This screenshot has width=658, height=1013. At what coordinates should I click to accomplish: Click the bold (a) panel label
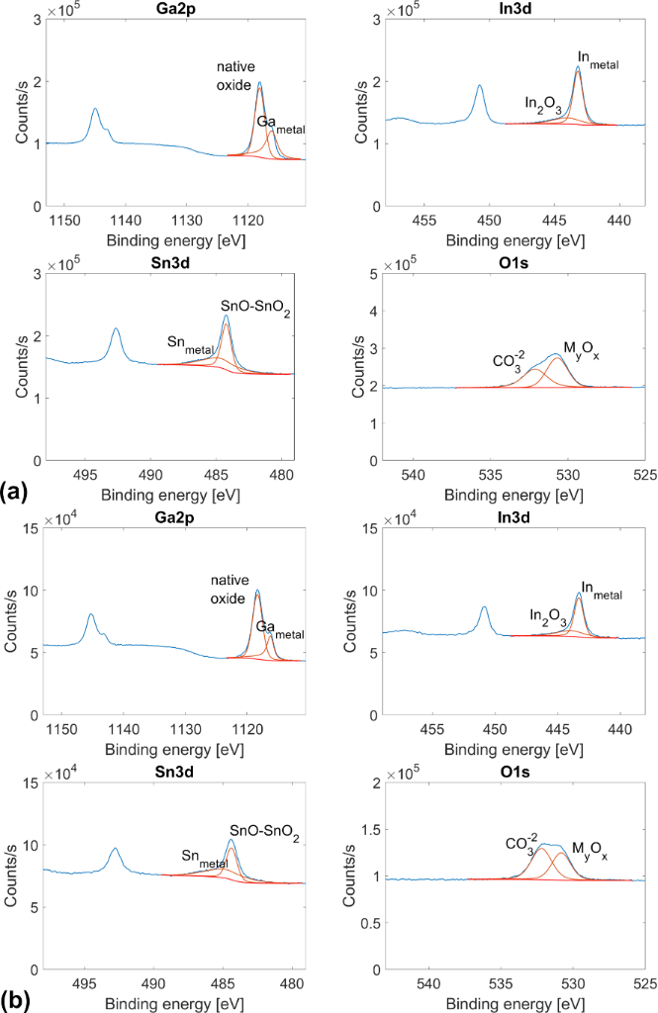[x=15, y=490]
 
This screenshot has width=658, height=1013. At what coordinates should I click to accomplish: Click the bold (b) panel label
[x=15, y=999]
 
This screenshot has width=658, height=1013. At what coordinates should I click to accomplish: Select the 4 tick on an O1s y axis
[x=381, y=311]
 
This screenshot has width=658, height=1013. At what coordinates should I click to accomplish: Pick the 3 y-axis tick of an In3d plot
[x=381, y=19]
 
